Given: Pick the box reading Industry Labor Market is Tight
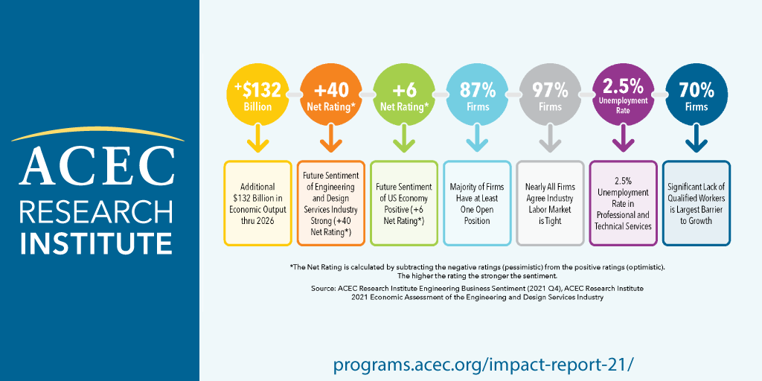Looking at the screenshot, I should point(549,203).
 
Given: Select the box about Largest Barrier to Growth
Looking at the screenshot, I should point(696,203).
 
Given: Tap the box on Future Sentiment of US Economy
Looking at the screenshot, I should point(403,203).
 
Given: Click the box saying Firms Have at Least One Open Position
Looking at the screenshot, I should point(476,203).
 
